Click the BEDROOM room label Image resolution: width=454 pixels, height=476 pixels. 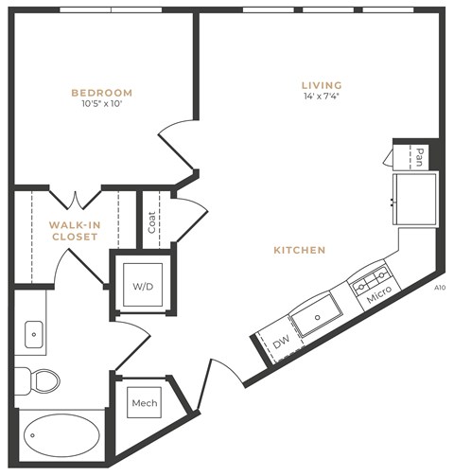pyautogui.click(x=101, y=93)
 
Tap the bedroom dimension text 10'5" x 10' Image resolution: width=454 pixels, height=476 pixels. pyautogui.click(x=101, y=105)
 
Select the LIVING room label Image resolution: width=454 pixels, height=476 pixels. pyautogui.click(x=321, y=84)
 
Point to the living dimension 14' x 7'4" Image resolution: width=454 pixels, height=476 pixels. pyautogui.click(x=321, y=97)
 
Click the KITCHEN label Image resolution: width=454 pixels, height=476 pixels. pyautogui.click(x=300, y=250)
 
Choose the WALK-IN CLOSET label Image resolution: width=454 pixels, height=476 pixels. pyautogui.click(x=74, y=230)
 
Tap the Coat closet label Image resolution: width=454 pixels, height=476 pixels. pyautogui.click(x=151, y=221)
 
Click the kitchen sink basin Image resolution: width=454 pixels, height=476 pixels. pyautogui.click(x=316, y=314)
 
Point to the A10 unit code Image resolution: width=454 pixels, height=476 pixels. pyautogui.click(x=439, y=288)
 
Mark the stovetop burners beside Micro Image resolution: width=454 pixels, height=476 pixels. pyautogui.click(x=373, y=278)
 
